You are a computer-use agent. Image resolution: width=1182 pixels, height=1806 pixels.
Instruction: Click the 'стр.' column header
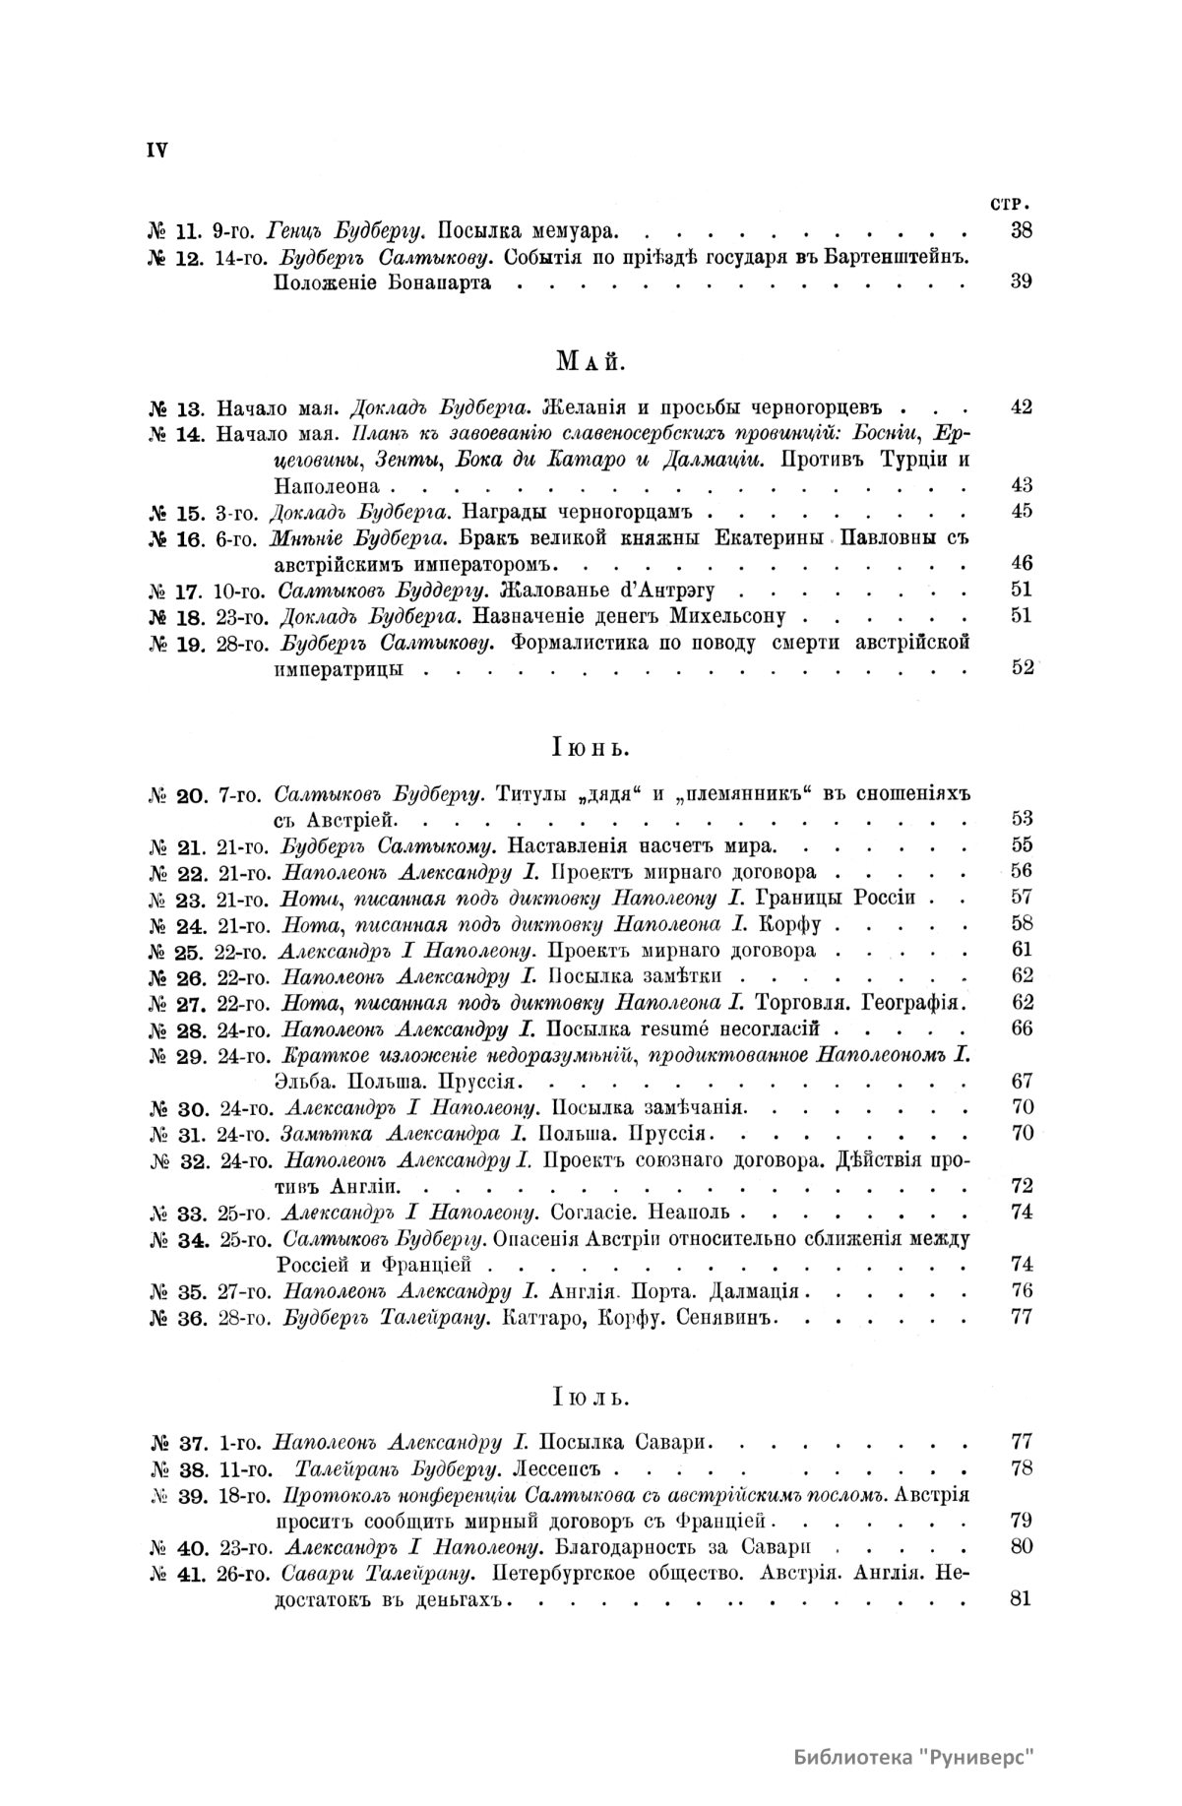1014,206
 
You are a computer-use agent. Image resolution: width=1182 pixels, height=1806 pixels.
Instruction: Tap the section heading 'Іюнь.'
590,748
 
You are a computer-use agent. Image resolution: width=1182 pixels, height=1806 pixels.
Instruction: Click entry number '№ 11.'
174,233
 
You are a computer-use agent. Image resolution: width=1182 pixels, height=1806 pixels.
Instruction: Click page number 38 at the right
1021,232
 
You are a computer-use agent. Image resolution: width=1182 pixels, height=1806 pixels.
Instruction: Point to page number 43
1021,484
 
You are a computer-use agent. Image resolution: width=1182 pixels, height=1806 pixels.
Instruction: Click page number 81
1021,1597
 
